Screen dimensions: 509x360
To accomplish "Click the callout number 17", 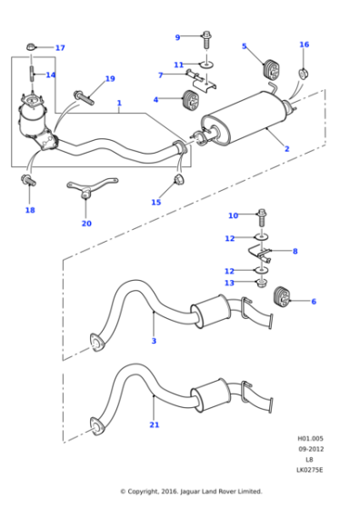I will [60, 48].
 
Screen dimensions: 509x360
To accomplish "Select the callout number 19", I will [110, 79].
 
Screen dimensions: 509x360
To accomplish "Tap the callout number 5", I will [244, 45].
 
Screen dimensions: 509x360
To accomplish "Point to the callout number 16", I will [305, 45].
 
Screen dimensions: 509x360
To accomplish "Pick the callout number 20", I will [86, 223].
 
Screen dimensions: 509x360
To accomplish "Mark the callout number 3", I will [154, 341].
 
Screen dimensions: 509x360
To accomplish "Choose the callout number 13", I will [230, 283].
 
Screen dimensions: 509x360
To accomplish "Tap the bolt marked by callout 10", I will [263, 216].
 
